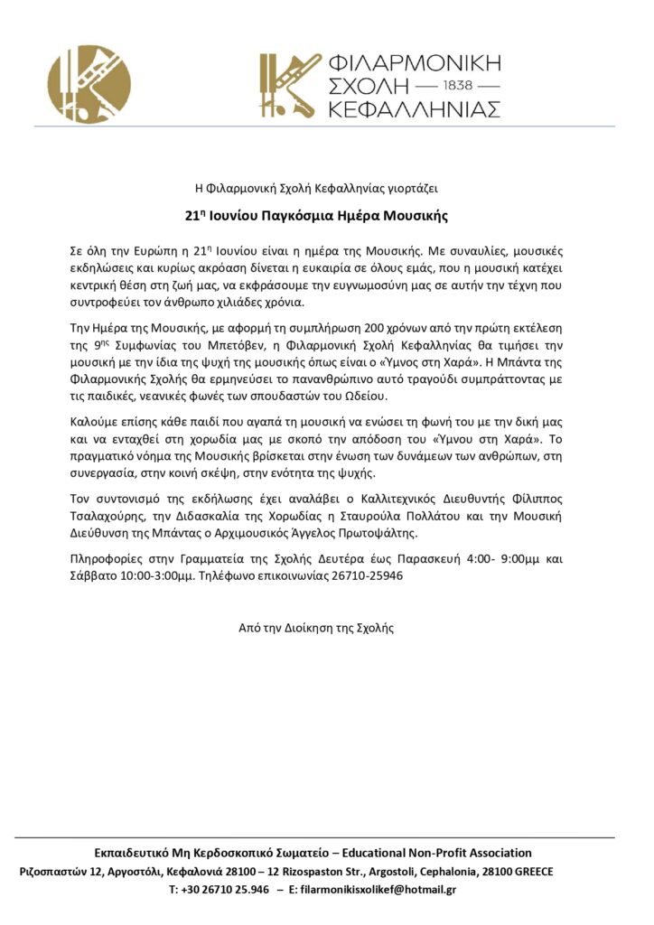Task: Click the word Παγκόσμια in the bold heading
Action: (297, 217)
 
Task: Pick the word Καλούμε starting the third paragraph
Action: (94, 422)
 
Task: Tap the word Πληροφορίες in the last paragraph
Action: (106, 558)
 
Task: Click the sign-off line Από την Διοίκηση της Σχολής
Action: (315, 627)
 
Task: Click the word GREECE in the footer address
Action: (529, 872)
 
